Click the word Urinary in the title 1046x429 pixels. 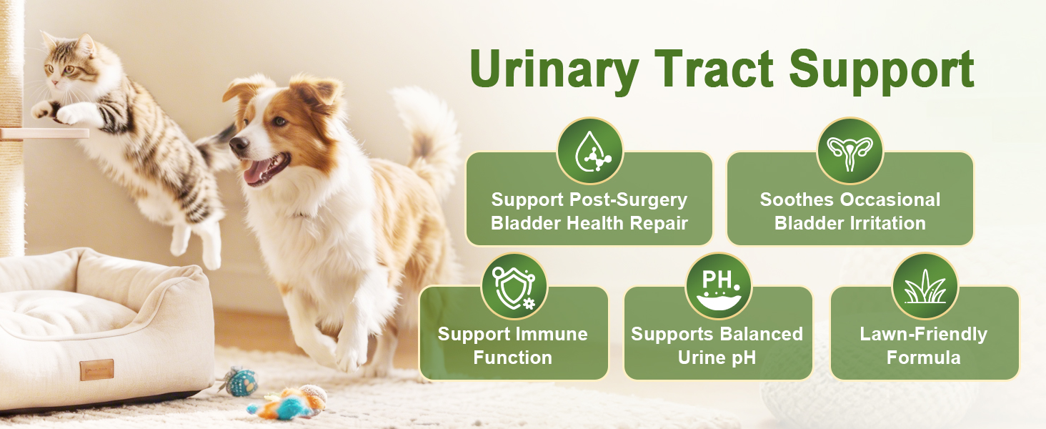pos(554,70)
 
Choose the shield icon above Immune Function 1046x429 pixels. pos(514,287)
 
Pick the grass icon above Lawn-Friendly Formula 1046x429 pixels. pos(925,287)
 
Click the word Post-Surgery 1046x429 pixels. pos(629,200)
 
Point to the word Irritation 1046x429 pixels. pos(888,223)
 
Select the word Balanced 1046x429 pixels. pos(759,334)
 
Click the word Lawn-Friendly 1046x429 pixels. pos(924,334)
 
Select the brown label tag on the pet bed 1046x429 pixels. pos(96,369)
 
